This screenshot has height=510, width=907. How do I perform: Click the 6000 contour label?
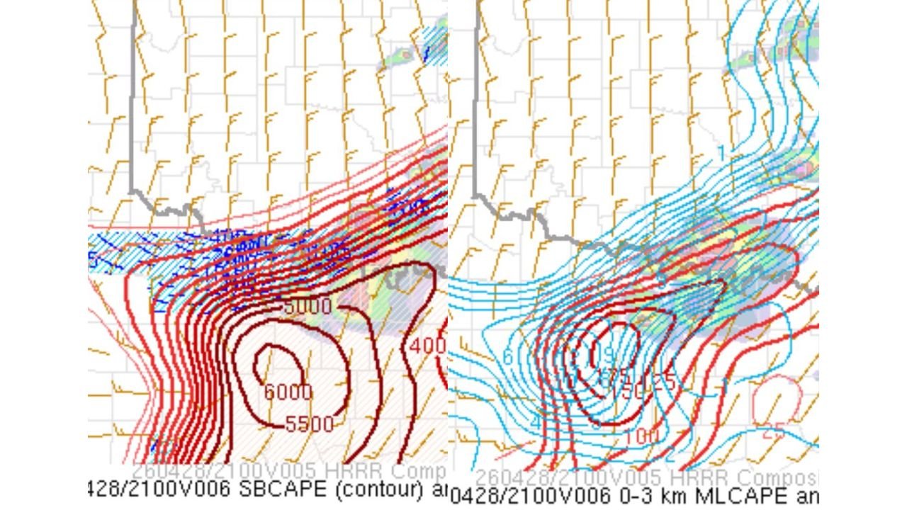pos(288,392)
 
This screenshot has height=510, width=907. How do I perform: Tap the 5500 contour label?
pos(310,424)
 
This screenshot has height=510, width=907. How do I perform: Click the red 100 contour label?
pos(642,436)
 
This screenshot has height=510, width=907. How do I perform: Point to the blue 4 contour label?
pos(535,423)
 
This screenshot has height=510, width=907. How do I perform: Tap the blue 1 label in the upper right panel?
pos(721,153)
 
